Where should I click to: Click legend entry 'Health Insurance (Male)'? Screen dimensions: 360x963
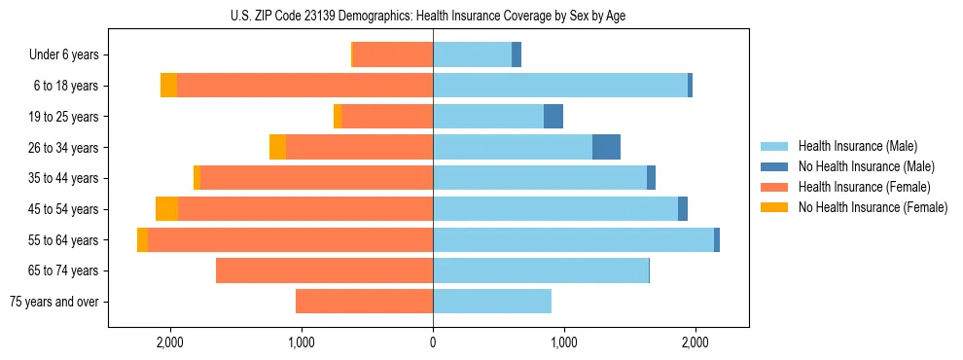(x=857, y=146)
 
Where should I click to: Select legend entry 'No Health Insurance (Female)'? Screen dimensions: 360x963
(x=873, y=207)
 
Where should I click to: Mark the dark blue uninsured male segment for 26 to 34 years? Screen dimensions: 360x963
(x=606, y=147)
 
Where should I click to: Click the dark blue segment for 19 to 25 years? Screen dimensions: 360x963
(x=553, y=117)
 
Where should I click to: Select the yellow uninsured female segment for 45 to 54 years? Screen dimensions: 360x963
(x=166, y=209)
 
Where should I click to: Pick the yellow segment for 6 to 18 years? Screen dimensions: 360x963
(x=168, y=86)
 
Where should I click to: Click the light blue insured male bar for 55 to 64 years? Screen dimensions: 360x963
(x=573, y=239)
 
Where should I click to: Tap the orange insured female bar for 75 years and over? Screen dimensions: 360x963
(x=364, y=302)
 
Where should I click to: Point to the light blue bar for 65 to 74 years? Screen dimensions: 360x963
(x=540, y=270)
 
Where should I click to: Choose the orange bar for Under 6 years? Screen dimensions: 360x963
(x=393, y=55)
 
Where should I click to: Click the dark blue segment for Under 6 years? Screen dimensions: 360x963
(x=517, y=55)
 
